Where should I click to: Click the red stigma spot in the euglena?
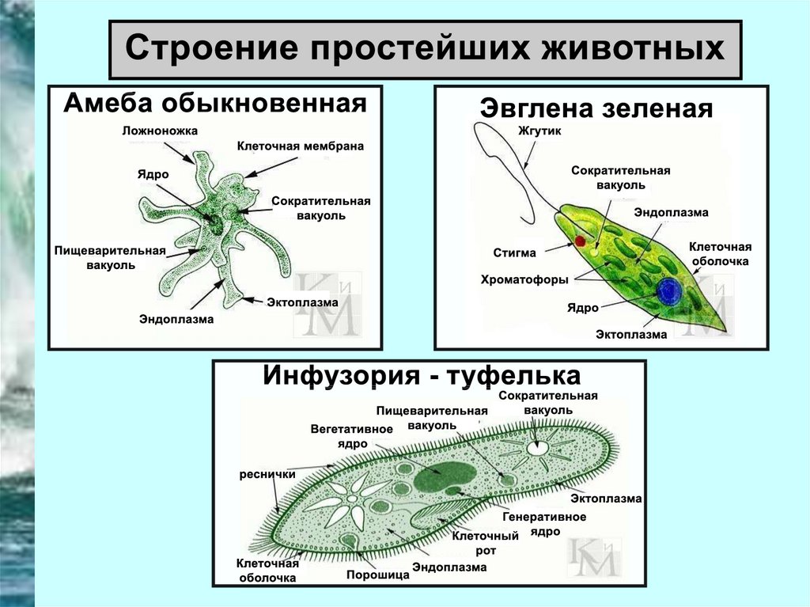(x=580, y=241)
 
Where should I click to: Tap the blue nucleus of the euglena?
(x=669, y=291)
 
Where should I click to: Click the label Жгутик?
(x=539, y=131)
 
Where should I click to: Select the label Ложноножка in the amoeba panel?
(x=160, y=131)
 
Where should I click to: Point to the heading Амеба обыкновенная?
(x=215, y=103)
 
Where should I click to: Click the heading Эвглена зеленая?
(x=596, y=108)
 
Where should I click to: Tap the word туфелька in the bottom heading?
(x=513, y=377)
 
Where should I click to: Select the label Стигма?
(x=514, y=252)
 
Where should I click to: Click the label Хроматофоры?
(x=524, y=279)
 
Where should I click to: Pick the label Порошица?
(x=378, y=575)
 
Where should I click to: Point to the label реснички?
(x=267, y=474)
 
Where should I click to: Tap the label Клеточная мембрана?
(x=300, y=146)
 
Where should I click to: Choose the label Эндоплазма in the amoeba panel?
(x=176, y=319)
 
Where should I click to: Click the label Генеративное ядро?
(x=544, y=524)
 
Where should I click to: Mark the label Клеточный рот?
(x=485, y=543)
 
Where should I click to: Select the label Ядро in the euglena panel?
(x=583, y=308)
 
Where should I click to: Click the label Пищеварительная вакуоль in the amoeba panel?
(x=110, y=258)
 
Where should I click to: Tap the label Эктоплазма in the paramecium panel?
(x=606, y=499)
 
